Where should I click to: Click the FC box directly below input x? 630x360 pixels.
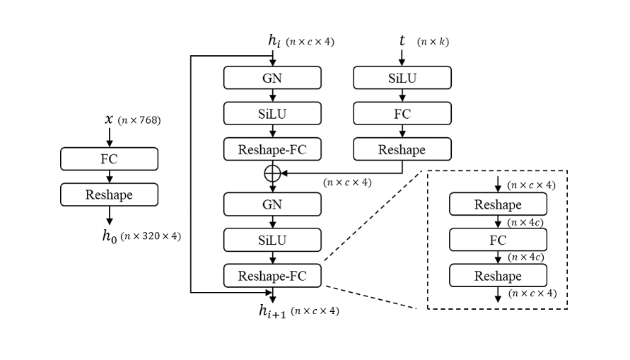pyautogui.click(x=109, y=159)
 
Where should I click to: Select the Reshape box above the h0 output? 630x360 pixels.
pyautogui.click(x=109, y=194)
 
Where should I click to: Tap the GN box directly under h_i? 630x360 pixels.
pyautogui.click(x=272, y=78)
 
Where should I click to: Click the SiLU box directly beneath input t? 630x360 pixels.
pyautogui.click(x=402, y=78)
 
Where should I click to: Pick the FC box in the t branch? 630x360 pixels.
pyautogui.click(x=402, y=113)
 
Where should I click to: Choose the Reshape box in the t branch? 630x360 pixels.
pyautogui.click(x=402, y=149)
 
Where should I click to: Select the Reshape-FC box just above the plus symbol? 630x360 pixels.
pyautogui.click(x=272, y=149)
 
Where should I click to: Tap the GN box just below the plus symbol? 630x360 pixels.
pyautogui.click(x=272, y=204)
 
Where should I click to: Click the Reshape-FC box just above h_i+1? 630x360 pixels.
pyautogui.click(x=272, y=275)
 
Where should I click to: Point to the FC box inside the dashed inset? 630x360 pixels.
pyautogui.click(x=498, y=240)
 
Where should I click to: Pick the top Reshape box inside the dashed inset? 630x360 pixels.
pyautogui.click(x=498, y=205)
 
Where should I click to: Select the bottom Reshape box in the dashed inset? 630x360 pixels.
pyautogui.click(x=498, y=276)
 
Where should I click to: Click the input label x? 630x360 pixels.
pyautogui.click(x=109, y=120)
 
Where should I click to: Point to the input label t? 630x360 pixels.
pyautogui.click(x=402, y=40)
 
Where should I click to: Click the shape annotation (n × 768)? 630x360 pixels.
pyautogui.click(x=139, y=120)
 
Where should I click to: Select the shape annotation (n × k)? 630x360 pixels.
pyautogui.click(x=433, y=42)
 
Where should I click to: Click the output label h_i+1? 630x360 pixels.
pyautogui.click(x=273, y=310)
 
